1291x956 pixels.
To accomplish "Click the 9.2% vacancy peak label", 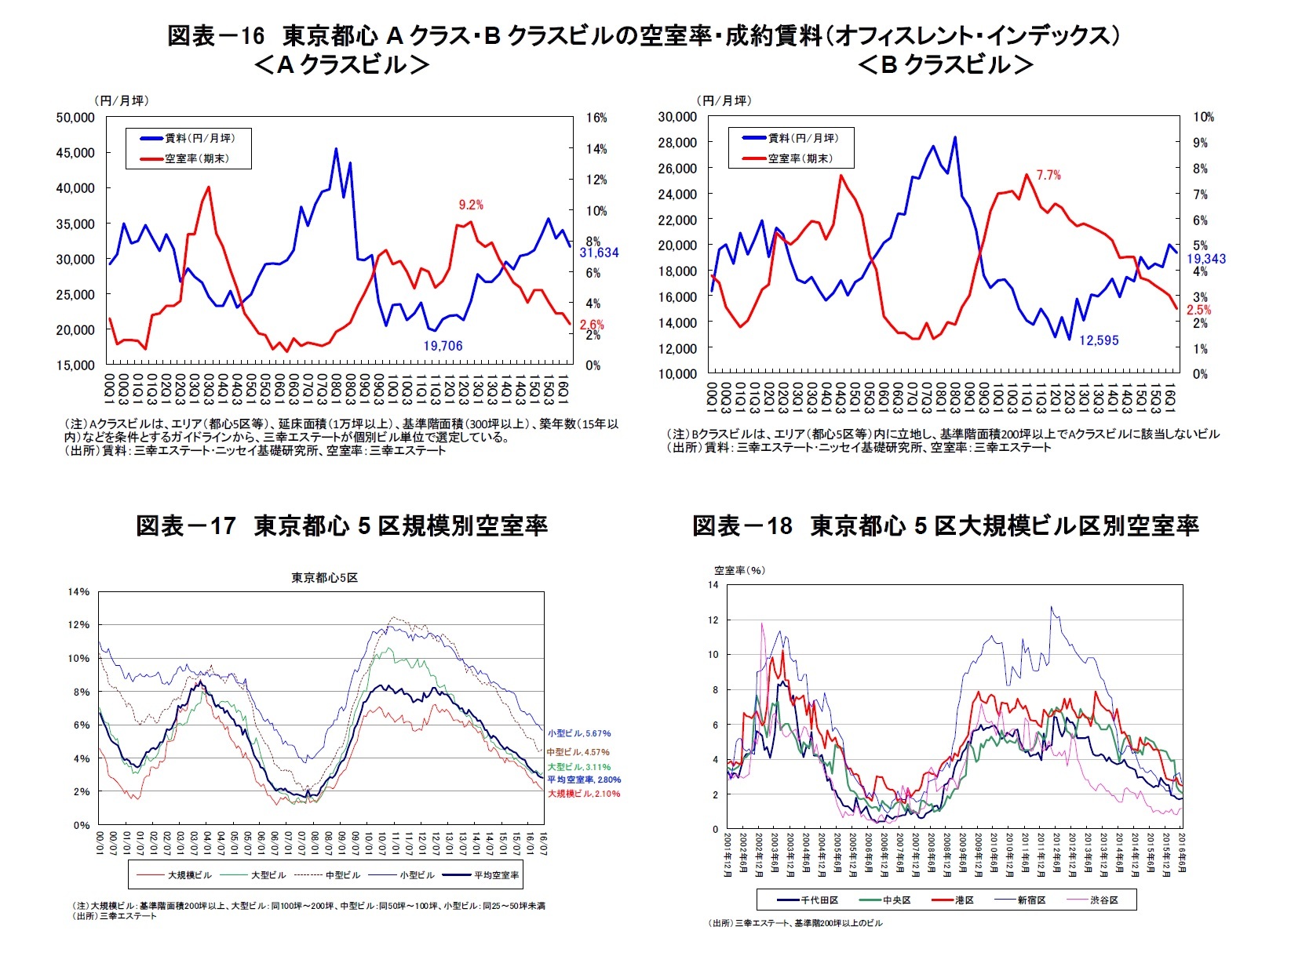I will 471,205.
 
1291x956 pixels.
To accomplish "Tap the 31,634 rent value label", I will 599,253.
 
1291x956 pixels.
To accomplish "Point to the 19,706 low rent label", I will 443,346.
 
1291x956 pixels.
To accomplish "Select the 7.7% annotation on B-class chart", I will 1048,176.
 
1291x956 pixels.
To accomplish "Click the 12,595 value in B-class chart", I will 1099,340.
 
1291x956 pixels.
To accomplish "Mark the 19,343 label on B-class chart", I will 1205,259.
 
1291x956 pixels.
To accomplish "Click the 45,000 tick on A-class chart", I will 75,153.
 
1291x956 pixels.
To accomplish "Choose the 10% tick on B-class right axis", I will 1203,118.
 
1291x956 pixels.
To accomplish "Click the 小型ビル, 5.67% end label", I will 579,734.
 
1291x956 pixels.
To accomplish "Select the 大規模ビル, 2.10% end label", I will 584,794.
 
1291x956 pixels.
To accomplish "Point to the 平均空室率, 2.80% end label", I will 584,780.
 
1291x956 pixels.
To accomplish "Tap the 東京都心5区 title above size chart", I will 324,578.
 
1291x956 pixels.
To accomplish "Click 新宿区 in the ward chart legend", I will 1032,900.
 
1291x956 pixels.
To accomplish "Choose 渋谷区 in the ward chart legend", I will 1103,900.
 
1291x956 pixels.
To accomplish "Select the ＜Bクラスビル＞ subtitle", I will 945,65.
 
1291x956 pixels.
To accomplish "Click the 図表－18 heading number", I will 742,525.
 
